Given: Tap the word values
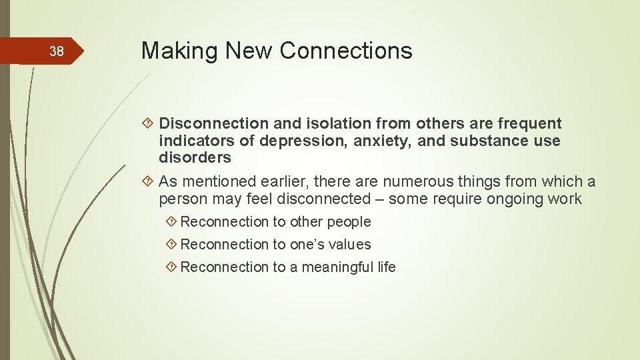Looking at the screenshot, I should point(350,245).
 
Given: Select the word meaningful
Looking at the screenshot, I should point(338,267).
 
